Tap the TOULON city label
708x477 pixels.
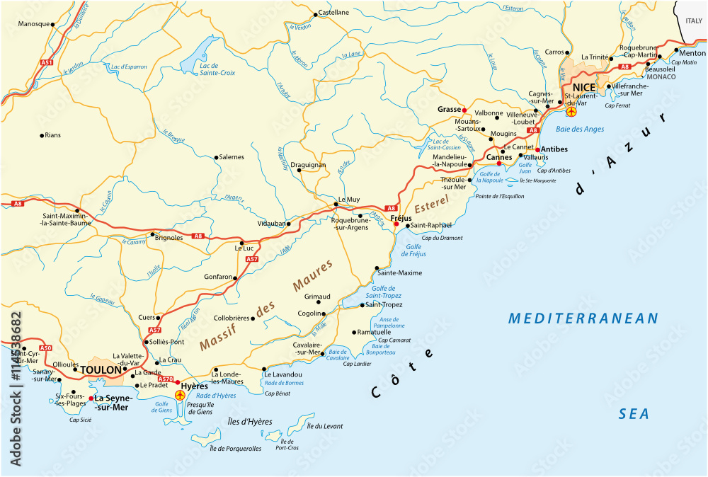pyautogui.click(x=101, y=369)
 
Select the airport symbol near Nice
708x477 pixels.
pyautogui.click(x=571, y=110)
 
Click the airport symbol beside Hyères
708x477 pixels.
pyautogui.click(x=179, y=394)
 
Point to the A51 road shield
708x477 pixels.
pyautogui.click(x=47, y=63)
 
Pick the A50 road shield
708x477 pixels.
pyautogui.click(x=45, y=348)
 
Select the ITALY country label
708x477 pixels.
pyautogui.click(x=694, y=21)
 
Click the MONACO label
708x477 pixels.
pyautogui.click(x=661, y=76)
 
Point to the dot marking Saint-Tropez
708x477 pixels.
pyautogui.click(x=362, y=305)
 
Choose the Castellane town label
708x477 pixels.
pyautogui.click(x=333, y=13)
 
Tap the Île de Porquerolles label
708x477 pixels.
pyautogui.click(x=236, y=448)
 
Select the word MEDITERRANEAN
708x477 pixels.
pyautogui.click(x=583, y=318)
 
